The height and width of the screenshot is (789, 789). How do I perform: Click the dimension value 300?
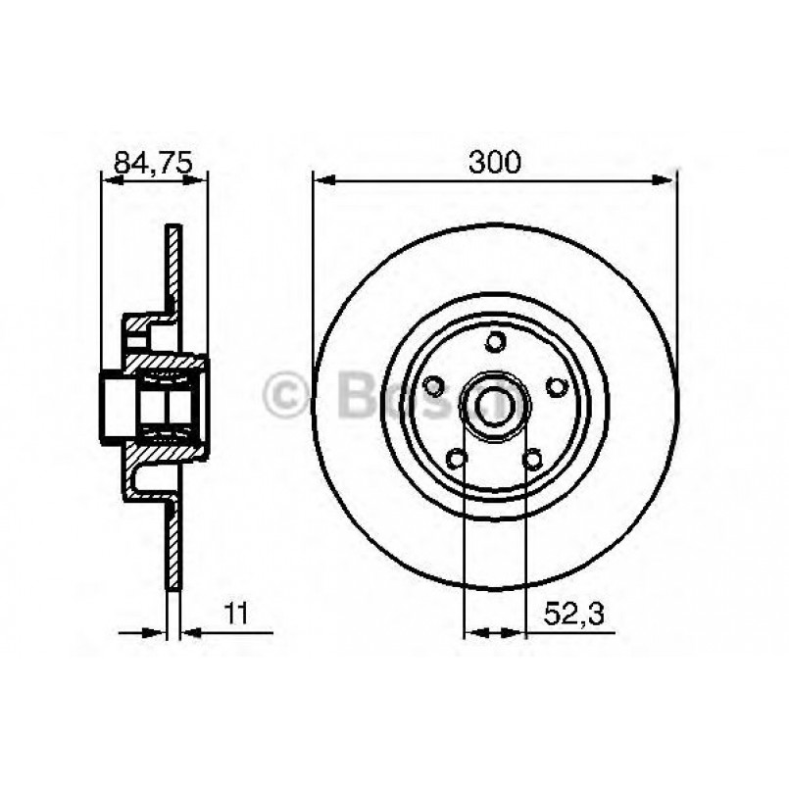[494, 164]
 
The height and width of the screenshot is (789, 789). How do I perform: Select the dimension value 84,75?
[152, 164]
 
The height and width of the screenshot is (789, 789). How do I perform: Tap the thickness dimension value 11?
[234, 615]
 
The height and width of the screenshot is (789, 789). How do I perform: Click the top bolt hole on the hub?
[495, 341]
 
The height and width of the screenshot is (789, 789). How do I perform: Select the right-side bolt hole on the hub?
[556, 386]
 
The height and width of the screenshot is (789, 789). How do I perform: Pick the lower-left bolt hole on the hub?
[456, 458]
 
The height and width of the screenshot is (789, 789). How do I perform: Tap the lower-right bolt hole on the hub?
[532, 458]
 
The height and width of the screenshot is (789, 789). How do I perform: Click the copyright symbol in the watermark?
[285, 397]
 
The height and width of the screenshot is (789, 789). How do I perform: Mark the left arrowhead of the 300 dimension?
[321, 180]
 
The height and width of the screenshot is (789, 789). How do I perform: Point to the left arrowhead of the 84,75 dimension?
[109, 180]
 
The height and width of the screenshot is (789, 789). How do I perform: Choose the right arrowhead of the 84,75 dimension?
[200, 180]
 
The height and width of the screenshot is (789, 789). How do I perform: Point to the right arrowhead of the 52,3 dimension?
[518, 632]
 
